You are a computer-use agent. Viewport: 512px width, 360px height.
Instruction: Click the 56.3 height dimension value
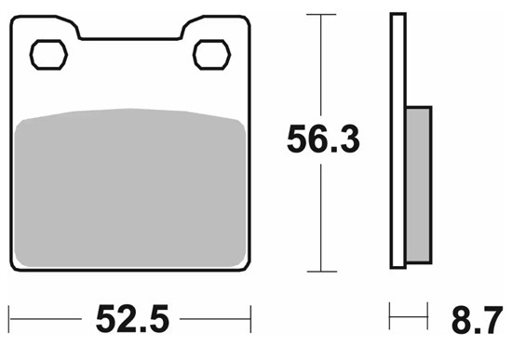323,139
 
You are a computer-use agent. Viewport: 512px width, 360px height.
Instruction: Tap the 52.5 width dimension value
132,318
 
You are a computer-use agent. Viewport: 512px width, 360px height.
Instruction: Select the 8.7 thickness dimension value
477,320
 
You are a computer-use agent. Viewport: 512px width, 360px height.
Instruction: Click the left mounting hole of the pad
48,55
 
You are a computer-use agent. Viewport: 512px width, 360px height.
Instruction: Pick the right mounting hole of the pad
211,55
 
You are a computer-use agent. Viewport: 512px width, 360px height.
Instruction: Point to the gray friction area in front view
129,188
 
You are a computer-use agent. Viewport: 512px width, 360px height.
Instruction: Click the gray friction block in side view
419,185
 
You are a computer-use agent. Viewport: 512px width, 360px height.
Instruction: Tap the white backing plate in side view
398,140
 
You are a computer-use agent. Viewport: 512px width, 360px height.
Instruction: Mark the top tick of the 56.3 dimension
321,14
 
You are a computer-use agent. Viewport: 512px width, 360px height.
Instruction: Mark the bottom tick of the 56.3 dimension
322,272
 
